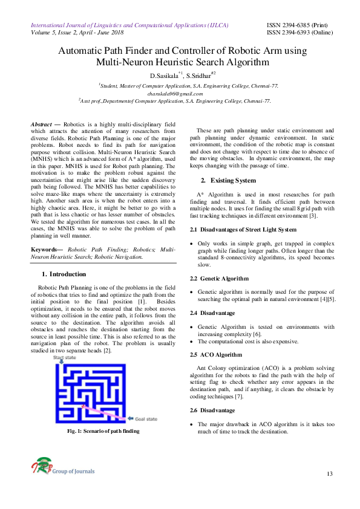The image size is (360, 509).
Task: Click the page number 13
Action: click(330, 472)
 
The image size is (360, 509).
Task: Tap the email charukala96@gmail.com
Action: click(180, 94)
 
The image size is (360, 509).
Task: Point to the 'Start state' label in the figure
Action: click(67, 358)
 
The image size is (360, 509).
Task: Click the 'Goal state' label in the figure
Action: click(145, 419)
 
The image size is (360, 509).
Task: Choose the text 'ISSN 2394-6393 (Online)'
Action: click(301, 33)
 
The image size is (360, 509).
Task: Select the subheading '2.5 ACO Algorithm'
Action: click(216, 354)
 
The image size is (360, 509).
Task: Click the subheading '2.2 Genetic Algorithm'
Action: click(219, 278)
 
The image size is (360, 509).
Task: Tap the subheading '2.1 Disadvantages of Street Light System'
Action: click(243, 230)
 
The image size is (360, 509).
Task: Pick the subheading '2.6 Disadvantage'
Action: click(213, 410)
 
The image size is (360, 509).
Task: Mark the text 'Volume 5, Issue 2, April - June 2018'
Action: click(82, 33)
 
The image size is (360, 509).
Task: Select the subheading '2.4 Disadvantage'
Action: click(213, 313)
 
